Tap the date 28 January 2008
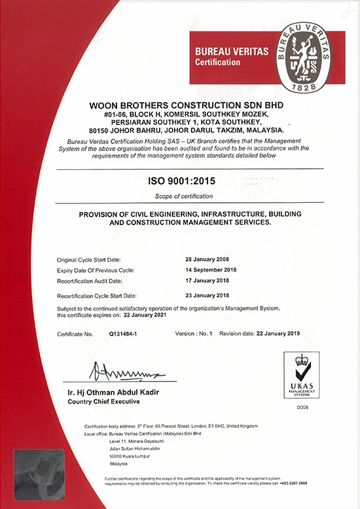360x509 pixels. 210,260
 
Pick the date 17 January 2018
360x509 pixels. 210,280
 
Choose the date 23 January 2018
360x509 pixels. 210,295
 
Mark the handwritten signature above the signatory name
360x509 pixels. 124,372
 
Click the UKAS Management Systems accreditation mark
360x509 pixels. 302,376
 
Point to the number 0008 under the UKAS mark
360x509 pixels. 302,407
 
